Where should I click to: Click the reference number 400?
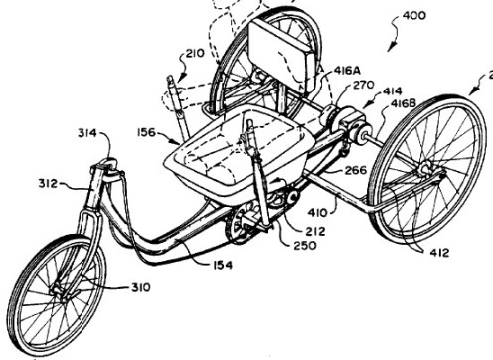coord(413,15)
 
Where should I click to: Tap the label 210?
coord(195,53)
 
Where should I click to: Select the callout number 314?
coord(87,133)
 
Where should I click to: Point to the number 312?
coord(48,183)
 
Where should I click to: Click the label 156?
coord(146,132)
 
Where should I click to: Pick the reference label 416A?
coord(347,71)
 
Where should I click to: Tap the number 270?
coord(364,85)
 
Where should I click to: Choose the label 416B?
coord(403,103)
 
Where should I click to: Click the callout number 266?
coord(356,170)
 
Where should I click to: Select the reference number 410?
coord(317,212)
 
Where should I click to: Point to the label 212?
coord(315,231)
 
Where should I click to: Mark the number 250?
coord(305,246)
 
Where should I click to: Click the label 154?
coord(222,265)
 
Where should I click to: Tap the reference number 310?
coord(141,287)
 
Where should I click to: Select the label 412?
coord(439,253)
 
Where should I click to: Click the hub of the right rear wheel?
coord(425,170)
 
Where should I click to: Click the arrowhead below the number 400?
coord(391,47)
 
